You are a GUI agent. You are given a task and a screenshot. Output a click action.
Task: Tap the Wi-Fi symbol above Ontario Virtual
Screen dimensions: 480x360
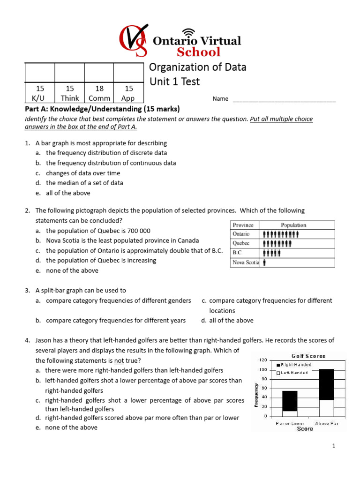pos(188,32)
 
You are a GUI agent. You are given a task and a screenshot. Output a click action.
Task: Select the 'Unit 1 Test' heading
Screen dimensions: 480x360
pos(174,82)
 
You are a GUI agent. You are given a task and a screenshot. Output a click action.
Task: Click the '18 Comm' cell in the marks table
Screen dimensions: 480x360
pos(99,93)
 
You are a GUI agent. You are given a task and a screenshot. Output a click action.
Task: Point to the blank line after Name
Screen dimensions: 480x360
pos(284,99)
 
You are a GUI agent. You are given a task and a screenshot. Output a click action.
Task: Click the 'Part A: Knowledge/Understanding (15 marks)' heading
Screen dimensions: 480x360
pos(102,109)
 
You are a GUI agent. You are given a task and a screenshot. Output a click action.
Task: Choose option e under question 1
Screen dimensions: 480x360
pos(68,193)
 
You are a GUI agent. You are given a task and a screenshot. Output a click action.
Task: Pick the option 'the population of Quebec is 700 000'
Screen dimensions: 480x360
pos(98,231)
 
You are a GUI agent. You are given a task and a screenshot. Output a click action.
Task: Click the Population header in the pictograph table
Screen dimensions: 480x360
pos(293,225)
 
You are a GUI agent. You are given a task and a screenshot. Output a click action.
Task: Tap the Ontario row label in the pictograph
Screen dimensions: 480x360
pos(241,234)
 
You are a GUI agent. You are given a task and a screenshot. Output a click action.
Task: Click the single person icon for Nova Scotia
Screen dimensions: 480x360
pos(265,263)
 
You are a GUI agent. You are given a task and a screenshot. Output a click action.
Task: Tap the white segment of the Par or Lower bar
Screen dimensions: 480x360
pos(290,414)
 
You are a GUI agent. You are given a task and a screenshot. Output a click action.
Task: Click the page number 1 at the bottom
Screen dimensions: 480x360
pos(334,446)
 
